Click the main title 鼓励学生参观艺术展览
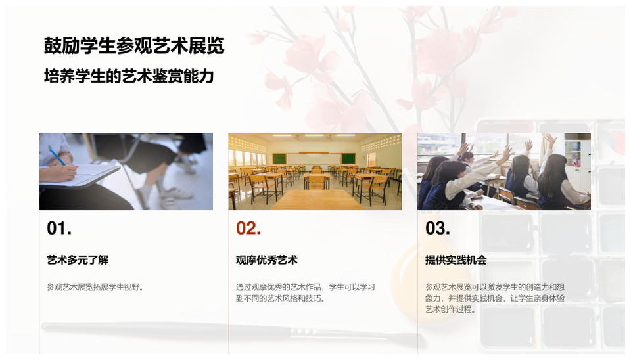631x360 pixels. coord(134,46)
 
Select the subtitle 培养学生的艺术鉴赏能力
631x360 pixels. coord(129,77)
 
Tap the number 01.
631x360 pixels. coord(59,229)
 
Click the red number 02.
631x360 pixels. coord(248,229)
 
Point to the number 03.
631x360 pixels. coord(438,229)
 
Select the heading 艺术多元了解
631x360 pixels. coord(78,260)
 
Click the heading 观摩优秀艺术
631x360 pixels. coord(267,260)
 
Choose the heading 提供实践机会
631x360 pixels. coord(456,260)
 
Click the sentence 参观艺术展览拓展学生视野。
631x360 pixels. coord(95,287)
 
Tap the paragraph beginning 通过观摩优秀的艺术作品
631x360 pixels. coord(306,292)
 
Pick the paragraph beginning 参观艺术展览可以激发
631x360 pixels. coord(494,298)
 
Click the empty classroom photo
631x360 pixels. coord(315,171)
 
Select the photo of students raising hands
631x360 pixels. coord(504,171)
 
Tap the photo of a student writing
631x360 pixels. coord(126,171)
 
